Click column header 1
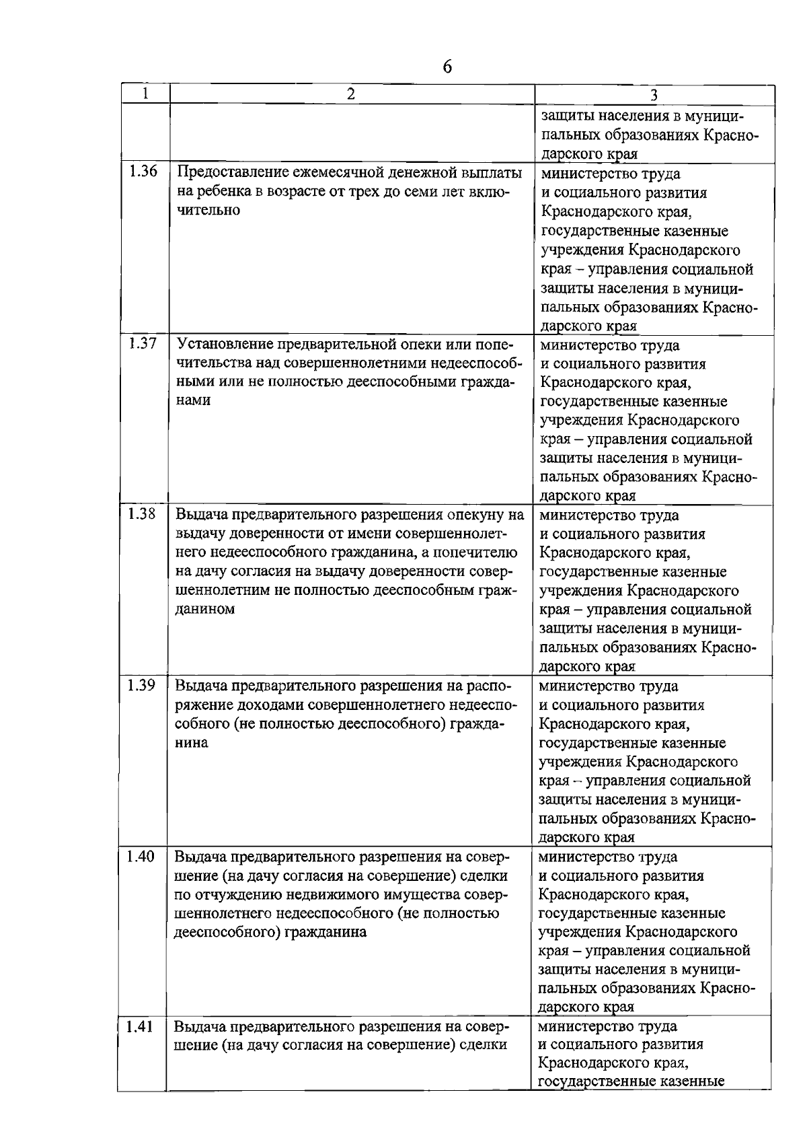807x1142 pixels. click(x=145, y=94)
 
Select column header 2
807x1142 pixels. click(x=352, y=94)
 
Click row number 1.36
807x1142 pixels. click(x=143, y=172)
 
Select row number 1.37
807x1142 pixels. click(x=143, y=344)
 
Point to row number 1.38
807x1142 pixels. click(x=142, y=515)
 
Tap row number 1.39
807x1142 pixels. click(x=141, y=686)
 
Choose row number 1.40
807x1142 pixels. click(x=141, y=857)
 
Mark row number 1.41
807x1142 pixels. click(x=140, y=1027)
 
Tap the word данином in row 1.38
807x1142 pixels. click(x=205, y=610)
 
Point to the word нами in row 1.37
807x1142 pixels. click(x=193, y=401)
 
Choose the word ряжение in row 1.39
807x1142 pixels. click(x=202, y=705)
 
